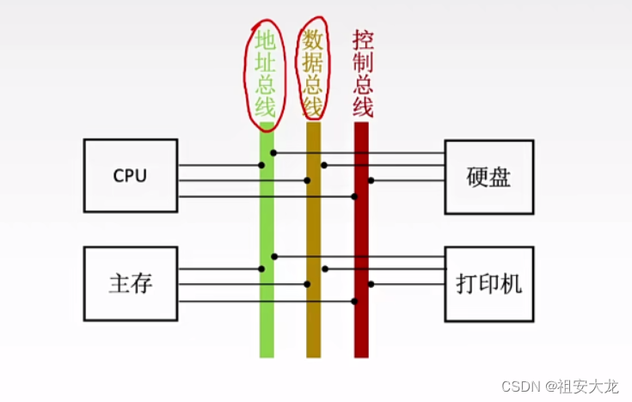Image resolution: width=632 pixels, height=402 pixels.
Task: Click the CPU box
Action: (130, 175)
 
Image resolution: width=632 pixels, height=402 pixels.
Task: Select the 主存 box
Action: (130, 283)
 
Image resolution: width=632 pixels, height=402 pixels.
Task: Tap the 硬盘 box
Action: (488, 176)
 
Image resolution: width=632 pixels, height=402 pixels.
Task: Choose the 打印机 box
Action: (488, 283)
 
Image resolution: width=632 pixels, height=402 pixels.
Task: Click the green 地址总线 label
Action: (265, 74)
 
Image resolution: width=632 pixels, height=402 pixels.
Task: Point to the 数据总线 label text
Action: (313, 72)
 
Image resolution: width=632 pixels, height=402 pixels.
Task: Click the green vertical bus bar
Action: (267, 326)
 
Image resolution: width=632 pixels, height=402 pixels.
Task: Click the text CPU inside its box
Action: (130, 175)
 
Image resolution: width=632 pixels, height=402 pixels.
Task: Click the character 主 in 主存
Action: (120, 283)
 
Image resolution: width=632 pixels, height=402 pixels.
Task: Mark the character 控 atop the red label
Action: (362, 40)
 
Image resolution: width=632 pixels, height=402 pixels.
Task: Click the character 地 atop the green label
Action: (265, 40)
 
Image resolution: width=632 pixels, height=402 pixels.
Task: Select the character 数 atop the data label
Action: (313, 40)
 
